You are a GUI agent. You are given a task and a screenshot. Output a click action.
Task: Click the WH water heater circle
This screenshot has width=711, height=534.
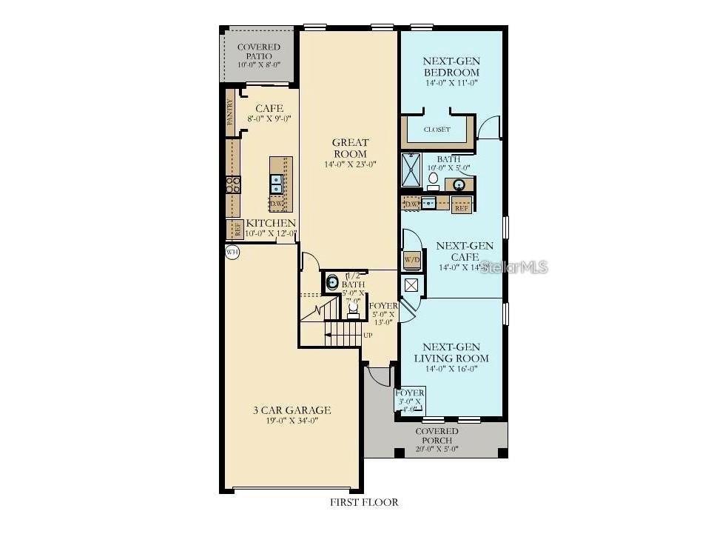click(x=233, y=252)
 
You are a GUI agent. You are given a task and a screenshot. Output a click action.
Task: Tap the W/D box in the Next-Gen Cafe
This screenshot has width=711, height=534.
click(x=412, y=260)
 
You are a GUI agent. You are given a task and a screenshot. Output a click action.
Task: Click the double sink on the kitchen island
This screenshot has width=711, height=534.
click(x=276, y=179)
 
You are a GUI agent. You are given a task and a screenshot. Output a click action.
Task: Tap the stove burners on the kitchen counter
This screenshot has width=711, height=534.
click(x=233, y=184)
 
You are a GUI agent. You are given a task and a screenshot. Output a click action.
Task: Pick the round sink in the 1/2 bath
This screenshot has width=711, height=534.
click(x=333, y=282)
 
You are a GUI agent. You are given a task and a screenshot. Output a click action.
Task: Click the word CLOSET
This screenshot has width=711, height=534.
click(x=437, y=130)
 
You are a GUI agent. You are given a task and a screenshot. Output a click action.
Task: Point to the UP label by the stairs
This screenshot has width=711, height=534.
click(x=368, y=336)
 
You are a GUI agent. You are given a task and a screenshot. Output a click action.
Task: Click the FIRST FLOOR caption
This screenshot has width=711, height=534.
click(x=364, y=502)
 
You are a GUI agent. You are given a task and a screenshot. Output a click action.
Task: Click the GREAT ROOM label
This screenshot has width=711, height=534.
click(x=350, y=148)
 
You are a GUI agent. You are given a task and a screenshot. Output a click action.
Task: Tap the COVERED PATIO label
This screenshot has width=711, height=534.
click(x=259, y=52)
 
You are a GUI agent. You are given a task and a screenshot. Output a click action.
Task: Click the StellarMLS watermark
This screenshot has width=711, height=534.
click(x=513, y=267)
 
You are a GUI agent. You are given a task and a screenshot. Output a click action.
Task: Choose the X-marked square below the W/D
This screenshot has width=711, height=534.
click(x=411, y=284)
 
